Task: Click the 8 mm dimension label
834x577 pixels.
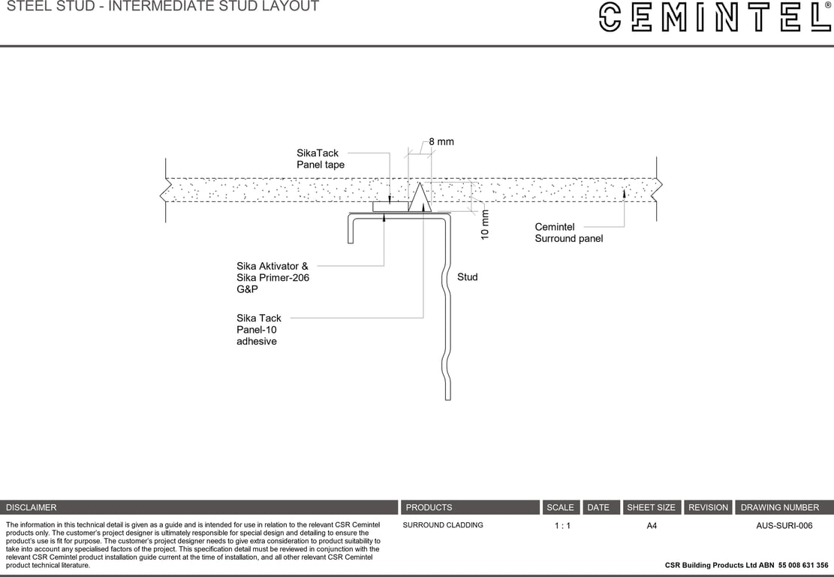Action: click(x=441, y=142)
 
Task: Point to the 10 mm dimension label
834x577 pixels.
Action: click(x=485, y=224)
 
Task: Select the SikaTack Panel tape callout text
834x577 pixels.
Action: click(x=321, y=159)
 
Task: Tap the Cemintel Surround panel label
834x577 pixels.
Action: click(x=568, y=233)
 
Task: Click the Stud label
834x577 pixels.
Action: click(x=467, y=277)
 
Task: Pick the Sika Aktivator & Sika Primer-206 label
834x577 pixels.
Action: click(x=272, y=277)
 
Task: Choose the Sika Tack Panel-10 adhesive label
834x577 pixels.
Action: click(x=259, y=329)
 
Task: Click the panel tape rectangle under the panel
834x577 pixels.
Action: click(x=390, y=207)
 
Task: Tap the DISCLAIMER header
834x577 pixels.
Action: click(x=32, y=507)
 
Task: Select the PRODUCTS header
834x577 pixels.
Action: click(x=429, y=507)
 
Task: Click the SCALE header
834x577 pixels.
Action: click(x=560, y=507)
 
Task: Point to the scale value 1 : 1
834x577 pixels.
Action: click(x=562, y=526)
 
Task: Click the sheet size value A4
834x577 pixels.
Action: click(x=652, y=526)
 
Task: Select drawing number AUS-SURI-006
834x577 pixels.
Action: click(x=784, y=526)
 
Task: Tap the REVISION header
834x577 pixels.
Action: click(x=708, y=507)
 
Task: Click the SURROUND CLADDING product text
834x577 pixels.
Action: click(x=443, y=525)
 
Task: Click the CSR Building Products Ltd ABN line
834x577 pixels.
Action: click(x=746, y=565)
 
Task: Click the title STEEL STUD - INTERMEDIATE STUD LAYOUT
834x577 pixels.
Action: click(x=163, y=7)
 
